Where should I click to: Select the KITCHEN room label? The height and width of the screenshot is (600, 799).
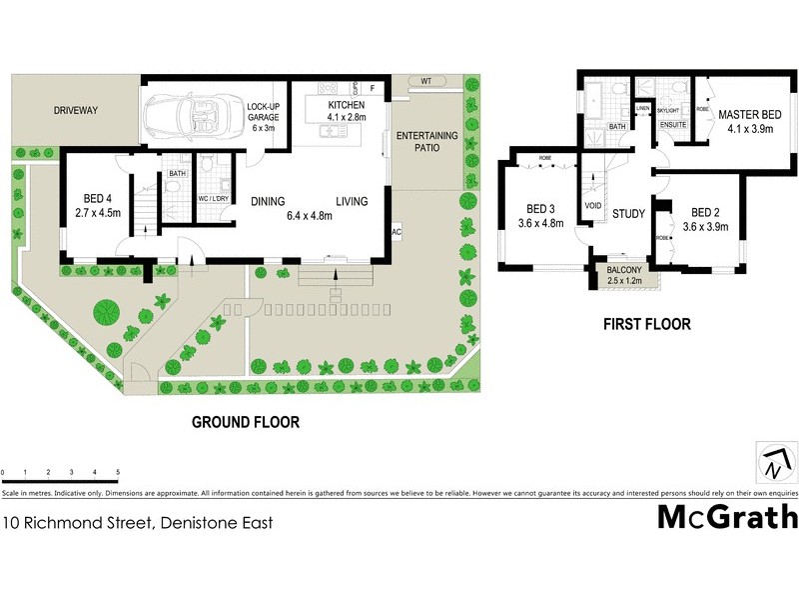pyautogui.click(x=347, y=105)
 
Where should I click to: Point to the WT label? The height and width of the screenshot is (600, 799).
pyautogui.click(x=424, y=80)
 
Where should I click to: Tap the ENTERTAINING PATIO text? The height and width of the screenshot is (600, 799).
pyautogui.click(x=425, y=142)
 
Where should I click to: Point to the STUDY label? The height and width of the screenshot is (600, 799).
pyautogui.click(x=629, y=213)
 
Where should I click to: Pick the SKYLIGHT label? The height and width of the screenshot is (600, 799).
pyautogui.click(x=668, y=109)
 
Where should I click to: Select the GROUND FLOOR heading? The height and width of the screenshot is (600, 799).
pyautogui.click(x=246, y=423)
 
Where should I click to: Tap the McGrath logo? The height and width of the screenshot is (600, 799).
pyautogui.click(x=727, y=518)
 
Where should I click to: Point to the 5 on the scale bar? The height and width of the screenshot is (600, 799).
pyautogui.click(x=118, y=471)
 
